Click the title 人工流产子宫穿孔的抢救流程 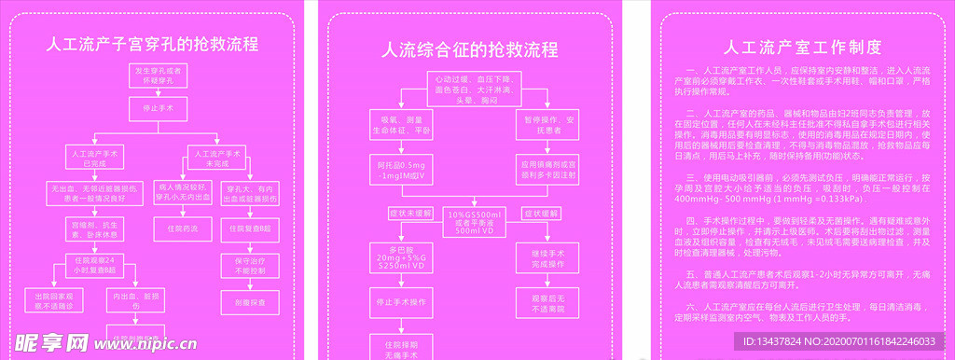[x=153, y=44]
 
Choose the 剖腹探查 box [x=250, y=302]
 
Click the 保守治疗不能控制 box [x=250, y=265]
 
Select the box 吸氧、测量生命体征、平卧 [x=405, y=126]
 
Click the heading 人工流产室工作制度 [x=802, y=48]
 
